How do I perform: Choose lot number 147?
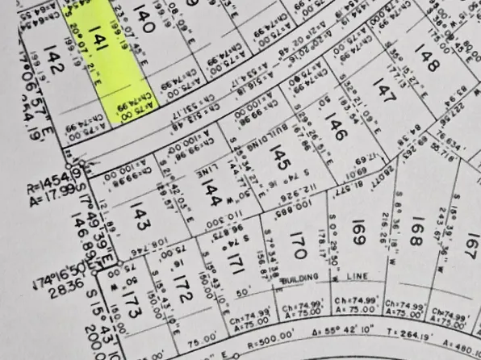point(385,97)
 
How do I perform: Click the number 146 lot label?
point(331,128)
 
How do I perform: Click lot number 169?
point(359,234)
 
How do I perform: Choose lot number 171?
point(236,264)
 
